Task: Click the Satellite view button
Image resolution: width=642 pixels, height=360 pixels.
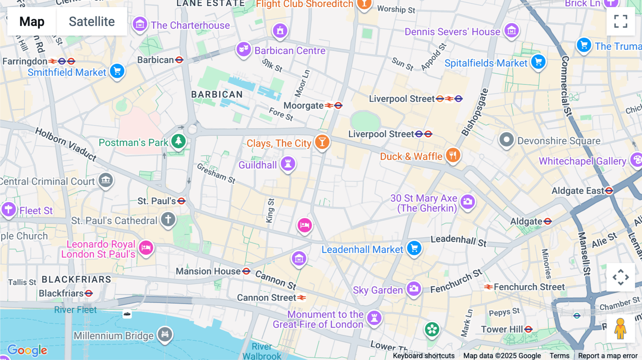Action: [92, 22]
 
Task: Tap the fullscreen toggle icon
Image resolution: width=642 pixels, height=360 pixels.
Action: [621, 21]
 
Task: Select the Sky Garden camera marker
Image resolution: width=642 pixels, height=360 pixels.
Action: [414, 289]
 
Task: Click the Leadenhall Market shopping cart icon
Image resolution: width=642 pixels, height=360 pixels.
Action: [414, 248]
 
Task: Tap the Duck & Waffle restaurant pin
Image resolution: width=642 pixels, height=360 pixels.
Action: [453, 155]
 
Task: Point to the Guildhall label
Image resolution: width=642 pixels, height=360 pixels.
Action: [258, 165]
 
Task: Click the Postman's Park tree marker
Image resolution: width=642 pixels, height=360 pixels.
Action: [178, 141]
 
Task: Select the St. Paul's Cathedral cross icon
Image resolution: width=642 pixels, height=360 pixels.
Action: [168, 219]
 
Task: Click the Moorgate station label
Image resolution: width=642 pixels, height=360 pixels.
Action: [304, 106]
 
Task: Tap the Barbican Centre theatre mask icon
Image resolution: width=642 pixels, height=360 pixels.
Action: [244, 49]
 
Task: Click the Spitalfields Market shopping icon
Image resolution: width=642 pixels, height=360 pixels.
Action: [538, 62]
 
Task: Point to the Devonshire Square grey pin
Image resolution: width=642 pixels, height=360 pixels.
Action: [506, 140]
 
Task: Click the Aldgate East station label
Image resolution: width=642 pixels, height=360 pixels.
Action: [577, 191]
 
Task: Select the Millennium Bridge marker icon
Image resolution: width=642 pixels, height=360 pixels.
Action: [165, 334]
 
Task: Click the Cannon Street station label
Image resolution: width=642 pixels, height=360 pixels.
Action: [266, 298]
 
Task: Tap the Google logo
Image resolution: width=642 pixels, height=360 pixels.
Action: [27, 350]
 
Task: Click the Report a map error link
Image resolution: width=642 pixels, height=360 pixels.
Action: [607, 356]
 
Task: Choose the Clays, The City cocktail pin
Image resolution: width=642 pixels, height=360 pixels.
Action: [322, 142]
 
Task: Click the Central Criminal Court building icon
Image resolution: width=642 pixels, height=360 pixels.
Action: [106, 180]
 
